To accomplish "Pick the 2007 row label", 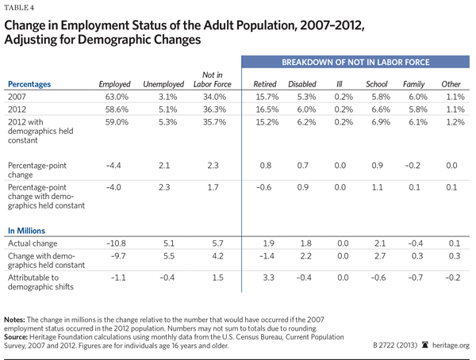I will (17, 97).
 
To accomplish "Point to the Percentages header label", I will (34, 83).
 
